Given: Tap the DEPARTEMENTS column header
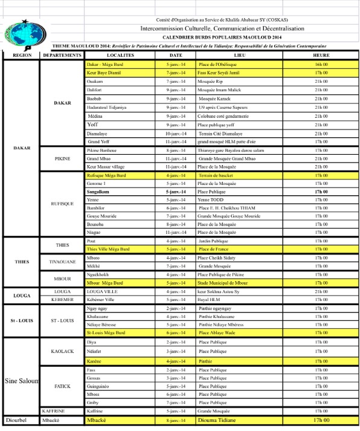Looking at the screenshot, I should click(x=63, y=54).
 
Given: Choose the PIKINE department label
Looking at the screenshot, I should click(x=63, y=158).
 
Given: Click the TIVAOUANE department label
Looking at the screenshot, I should click(x=63, y=261).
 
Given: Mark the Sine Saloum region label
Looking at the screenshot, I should click(x=22, y=381).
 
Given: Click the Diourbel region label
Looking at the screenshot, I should click(x=19, y=420).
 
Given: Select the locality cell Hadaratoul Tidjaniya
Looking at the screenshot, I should click(x=107, y=106).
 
